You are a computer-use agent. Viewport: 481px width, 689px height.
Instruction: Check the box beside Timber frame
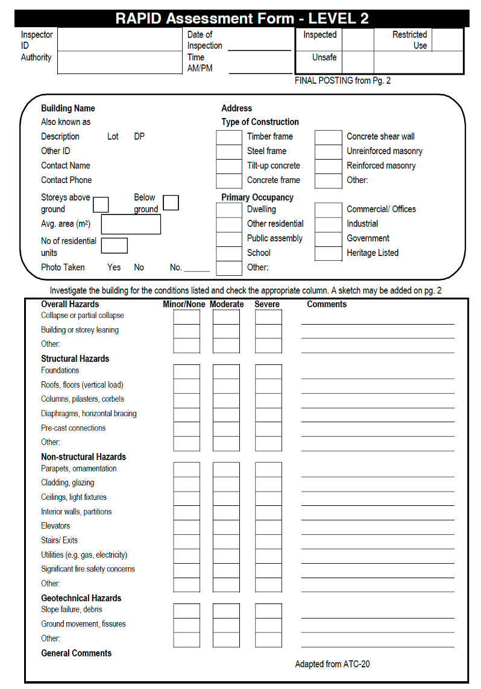[229, 137]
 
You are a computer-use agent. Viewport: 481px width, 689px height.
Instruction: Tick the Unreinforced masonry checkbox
[328, 151]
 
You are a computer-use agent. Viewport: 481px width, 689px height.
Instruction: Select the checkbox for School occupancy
[229, 254]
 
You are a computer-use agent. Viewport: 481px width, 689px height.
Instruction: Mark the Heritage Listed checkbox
[328, 254]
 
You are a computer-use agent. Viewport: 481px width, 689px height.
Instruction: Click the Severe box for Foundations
[268, 372]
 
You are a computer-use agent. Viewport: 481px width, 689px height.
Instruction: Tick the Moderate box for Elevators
[226, 527]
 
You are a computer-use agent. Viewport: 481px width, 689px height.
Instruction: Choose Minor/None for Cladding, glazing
[186, 484]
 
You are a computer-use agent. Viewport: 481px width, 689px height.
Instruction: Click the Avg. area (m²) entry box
[131, 224]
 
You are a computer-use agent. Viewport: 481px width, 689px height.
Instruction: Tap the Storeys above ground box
[101, 204]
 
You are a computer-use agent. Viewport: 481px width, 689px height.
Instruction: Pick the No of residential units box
[114, 246]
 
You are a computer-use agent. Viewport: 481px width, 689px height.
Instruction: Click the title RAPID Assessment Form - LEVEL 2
[242, 19]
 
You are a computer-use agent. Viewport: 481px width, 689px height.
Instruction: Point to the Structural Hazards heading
[75, 358]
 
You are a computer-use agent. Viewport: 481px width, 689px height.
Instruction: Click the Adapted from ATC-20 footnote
[332, 664]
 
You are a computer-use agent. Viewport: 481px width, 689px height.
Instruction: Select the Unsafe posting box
[358, 63]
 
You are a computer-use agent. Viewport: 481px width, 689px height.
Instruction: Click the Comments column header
[327, 304]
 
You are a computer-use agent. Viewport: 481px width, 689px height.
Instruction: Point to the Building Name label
[68, 108]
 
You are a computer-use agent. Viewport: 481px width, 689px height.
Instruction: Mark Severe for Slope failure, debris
[268, 611]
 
